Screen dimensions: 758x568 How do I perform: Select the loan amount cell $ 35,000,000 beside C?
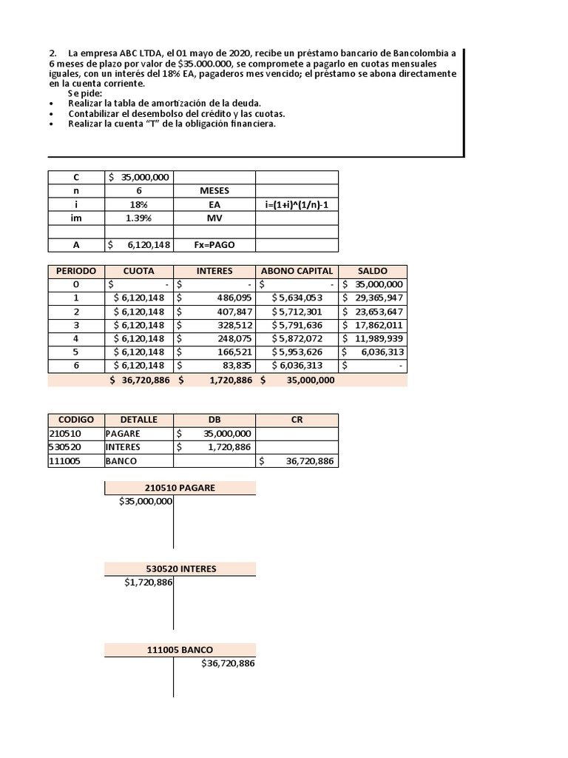(x=139, y=178)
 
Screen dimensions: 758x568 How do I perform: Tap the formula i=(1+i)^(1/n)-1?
(x=297, y=205)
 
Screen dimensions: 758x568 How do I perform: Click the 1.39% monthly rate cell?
(x=138, y=218)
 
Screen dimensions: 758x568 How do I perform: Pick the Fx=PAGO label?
(x=214, y=245)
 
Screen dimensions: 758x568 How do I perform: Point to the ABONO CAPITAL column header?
(x=297, y=271)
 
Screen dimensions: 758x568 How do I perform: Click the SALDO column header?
(x=372, y=271)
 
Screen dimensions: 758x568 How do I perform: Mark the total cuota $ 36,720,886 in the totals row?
(x=139, y=380)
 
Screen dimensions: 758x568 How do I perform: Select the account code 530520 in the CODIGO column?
(x=65, y=447)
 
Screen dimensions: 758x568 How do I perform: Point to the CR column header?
(x=297, y=420)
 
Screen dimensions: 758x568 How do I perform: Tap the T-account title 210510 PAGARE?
(x=180, y=488)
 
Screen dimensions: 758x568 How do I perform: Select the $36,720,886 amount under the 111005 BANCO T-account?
(x=228, y=664)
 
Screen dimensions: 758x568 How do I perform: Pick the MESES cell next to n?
(x=214, y=191)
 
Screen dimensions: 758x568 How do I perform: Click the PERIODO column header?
(x=76, y=271)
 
